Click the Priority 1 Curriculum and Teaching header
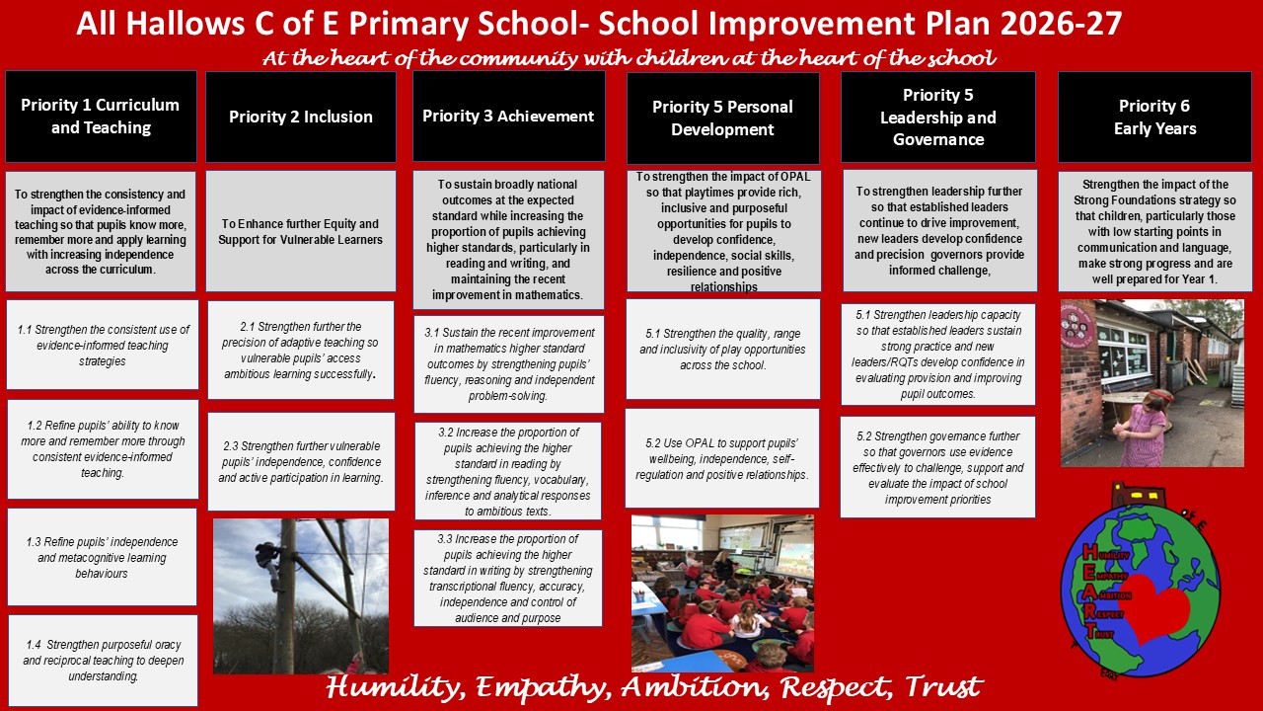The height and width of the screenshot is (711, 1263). (101, 117)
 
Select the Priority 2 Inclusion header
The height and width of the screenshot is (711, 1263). (301, 117)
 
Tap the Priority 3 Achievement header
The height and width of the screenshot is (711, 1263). (508, 117)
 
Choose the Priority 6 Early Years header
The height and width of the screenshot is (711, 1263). (1154, 117)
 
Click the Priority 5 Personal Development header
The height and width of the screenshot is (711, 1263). (723, 118)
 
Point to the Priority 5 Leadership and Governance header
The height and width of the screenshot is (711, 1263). (938, 117)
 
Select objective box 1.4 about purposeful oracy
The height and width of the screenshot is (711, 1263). (104, 661)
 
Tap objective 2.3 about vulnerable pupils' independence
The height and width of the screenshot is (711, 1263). (301, 461)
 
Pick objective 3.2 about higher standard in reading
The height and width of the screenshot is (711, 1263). (508, 471)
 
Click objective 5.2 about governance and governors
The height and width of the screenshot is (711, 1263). (937, 467)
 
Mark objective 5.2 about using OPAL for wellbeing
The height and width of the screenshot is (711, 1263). (722, 458)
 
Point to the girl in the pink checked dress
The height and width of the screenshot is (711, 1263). (1143, 428)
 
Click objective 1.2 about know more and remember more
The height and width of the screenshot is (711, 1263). (103, 449)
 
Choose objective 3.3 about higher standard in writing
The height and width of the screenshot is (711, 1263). (508, 578)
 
